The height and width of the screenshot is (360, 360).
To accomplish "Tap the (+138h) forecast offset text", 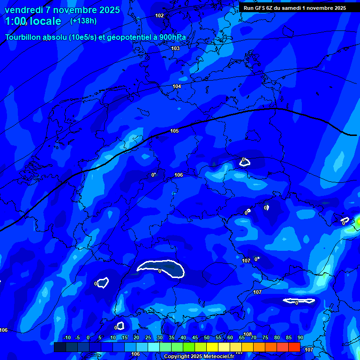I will coord(83,21).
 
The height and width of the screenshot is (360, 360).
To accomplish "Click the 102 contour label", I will coord(159,15).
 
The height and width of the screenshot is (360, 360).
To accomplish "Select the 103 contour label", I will coord(175,48).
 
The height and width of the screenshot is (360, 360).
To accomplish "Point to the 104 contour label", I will coord(177,86).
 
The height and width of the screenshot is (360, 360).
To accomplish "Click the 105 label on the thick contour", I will coord(174,131).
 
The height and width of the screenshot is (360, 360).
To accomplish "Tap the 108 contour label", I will coord(247,334).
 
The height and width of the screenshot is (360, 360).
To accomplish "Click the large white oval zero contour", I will coord(161,269).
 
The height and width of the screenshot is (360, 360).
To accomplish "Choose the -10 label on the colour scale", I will coord(66,337).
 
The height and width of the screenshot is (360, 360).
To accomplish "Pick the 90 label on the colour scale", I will coord(300,337).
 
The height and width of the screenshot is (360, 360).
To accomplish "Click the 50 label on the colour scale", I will coord(207,337).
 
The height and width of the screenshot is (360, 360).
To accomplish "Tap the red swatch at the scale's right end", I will coord(294,347).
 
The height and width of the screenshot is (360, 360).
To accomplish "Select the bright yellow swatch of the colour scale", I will coord(212,347).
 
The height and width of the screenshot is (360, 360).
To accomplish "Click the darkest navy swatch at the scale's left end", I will coord(60,347).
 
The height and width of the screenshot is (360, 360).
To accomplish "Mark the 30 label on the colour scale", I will coord(160,337).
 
